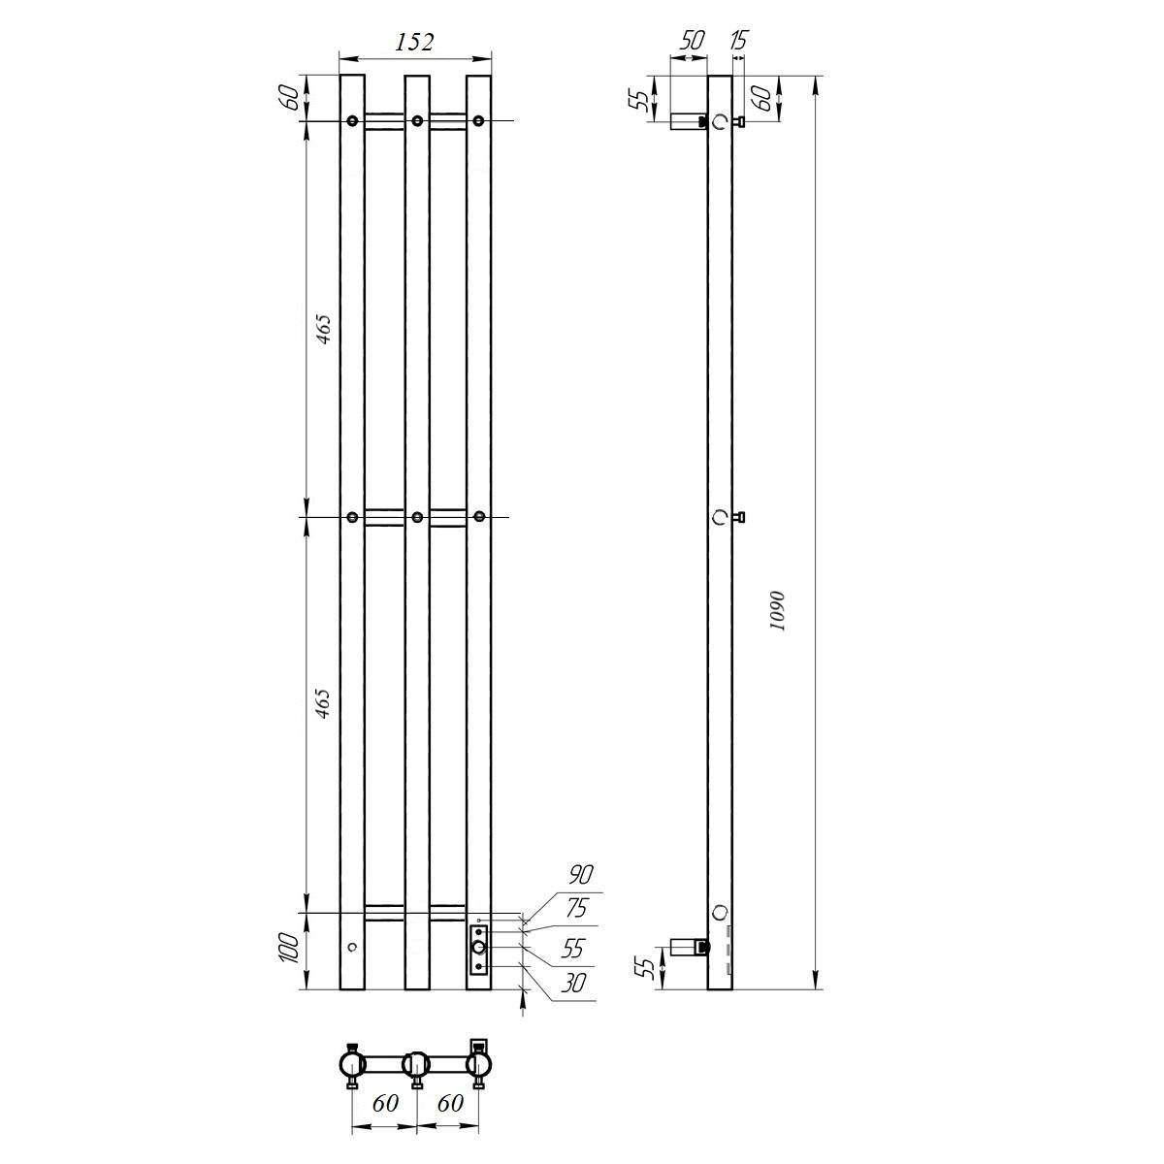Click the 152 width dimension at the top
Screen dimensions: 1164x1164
point(414,42)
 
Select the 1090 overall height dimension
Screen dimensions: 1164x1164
point(777,610)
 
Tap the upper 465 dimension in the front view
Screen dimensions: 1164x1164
point(324,330)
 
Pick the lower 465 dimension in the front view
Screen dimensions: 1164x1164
point(324,704)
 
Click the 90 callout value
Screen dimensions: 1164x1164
point(580,875)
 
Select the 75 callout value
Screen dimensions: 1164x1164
point(577,909)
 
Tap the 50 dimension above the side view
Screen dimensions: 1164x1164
point(691,41)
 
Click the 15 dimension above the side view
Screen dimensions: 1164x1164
point(738,41)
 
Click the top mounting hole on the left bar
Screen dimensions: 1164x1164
point(352,121)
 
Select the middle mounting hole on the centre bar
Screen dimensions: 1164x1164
point(416,517)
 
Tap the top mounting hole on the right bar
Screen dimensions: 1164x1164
point(478,121)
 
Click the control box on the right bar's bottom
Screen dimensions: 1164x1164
point(478,949)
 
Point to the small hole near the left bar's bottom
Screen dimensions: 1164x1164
point(352,946)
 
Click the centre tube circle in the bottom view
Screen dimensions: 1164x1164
point(416,1064)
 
